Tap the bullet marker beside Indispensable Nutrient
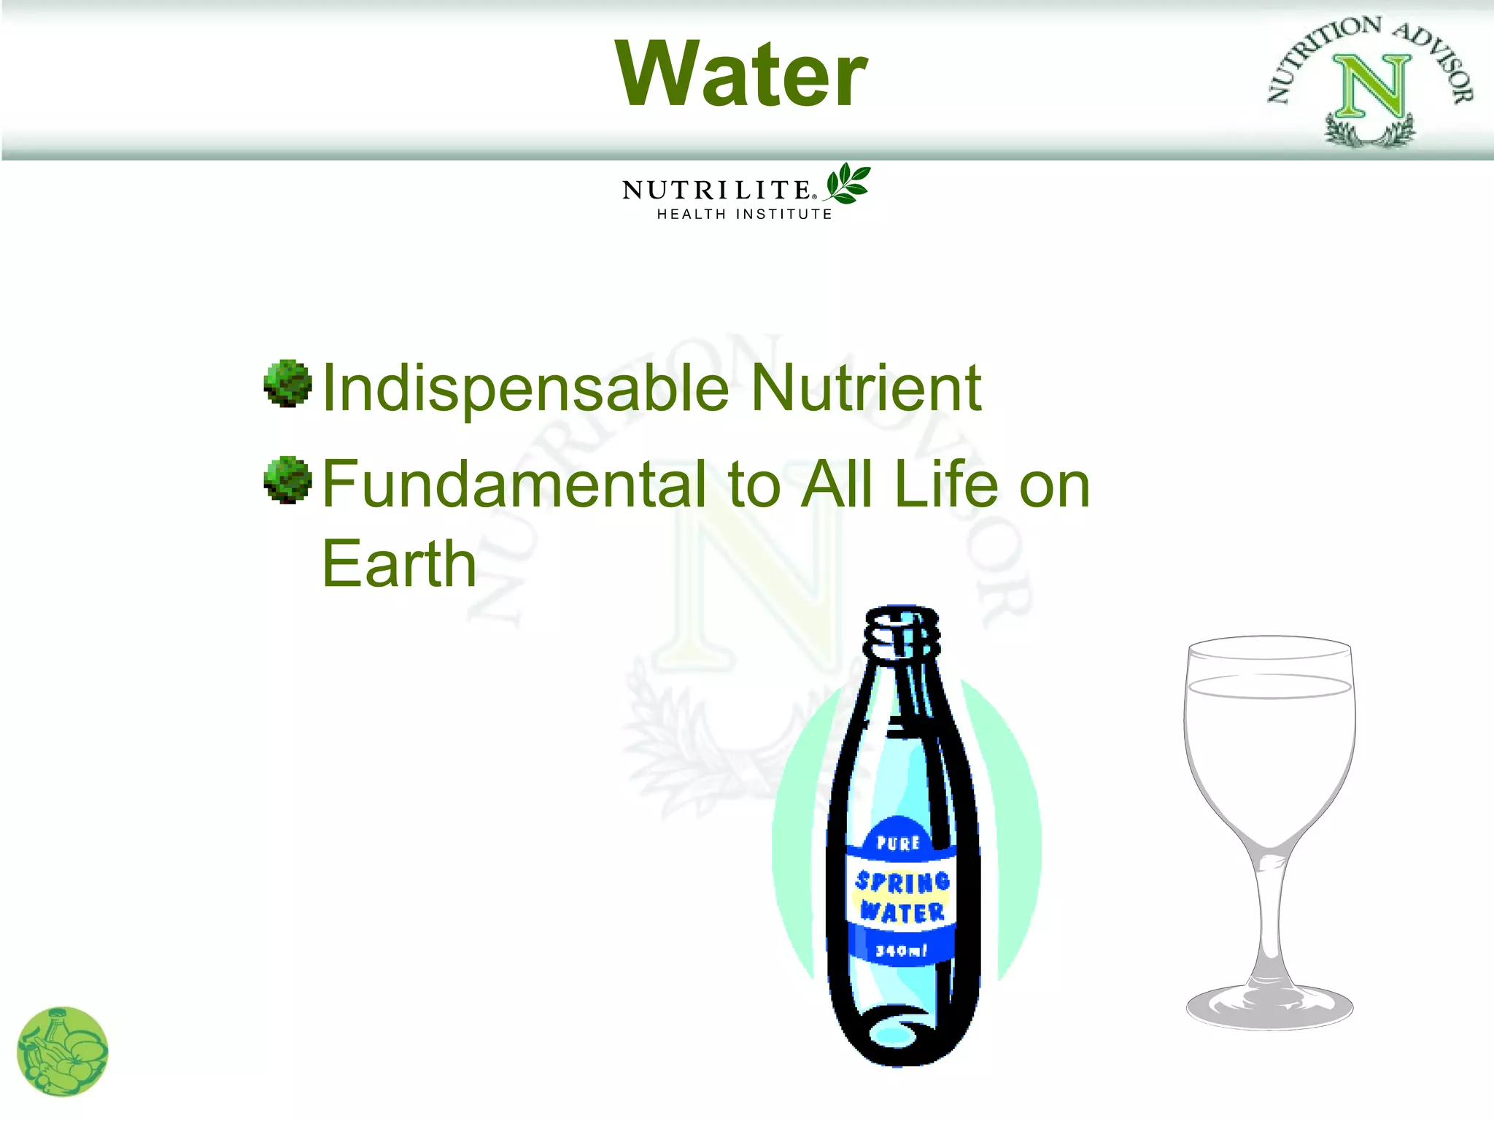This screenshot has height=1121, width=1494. click(287, 382)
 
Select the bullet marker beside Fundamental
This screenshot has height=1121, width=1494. click(287, 479)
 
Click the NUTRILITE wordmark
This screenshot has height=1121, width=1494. click(717, 190)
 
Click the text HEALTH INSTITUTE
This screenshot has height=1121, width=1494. click(744, 215)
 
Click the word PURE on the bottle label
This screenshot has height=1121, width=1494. click(898, 843)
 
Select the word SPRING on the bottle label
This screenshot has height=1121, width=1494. click(902, 882)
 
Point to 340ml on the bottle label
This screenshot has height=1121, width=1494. click(901, 950)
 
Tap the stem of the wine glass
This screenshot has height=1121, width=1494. click(1270, 912)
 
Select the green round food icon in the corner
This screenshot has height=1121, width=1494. click(62, 1052)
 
